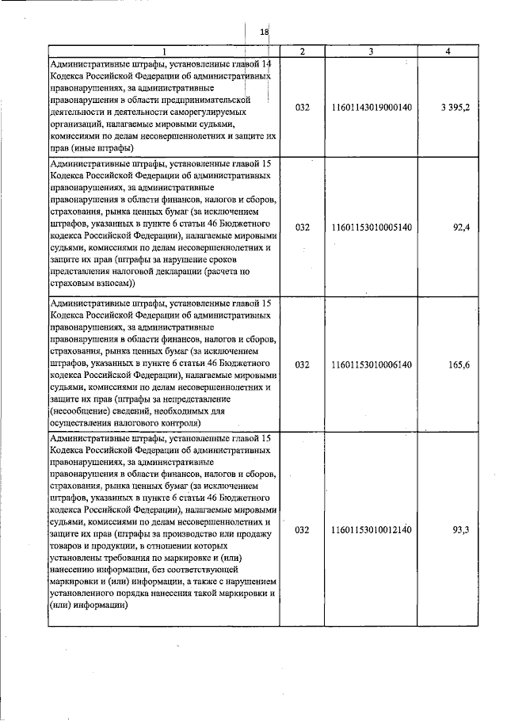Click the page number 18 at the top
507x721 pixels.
pos(265,31)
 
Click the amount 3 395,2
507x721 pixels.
pos(456,107)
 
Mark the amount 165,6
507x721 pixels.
pos(459,365)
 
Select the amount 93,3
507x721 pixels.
pos(461,530)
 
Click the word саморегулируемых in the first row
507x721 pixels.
pos(188,113)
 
